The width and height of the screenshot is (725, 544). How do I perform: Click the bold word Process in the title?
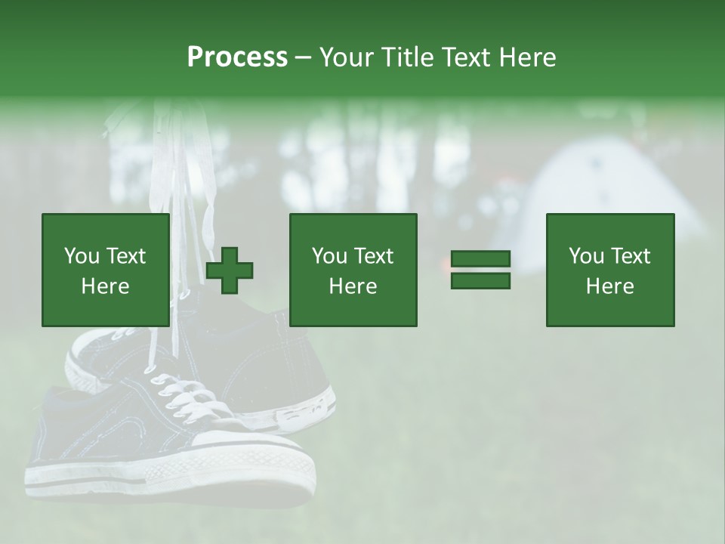(237, 57)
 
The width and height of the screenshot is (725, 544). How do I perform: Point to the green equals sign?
(480, 270)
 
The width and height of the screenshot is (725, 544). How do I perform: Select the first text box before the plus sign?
(105, 270)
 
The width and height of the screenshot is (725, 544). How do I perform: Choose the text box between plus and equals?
(353, 270)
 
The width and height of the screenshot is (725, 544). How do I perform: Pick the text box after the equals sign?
(609, 270)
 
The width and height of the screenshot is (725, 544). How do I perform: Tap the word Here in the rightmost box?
(609, 286)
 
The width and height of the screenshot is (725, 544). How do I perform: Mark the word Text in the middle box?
(374, 256)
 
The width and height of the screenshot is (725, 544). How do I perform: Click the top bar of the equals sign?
(480, 259)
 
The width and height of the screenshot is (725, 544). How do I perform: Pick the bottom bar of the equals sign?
(480, 281)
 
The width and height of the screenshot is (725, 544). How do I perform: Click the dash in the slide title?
(304, 57)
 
